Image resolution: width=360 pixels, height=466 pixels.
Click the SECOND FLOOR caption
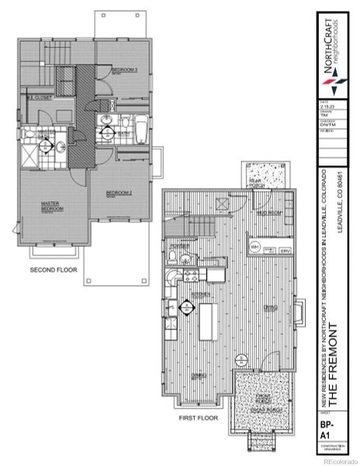click(53, 270)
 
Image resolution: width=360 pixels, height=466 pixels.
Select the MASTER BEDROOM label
click(52, 207)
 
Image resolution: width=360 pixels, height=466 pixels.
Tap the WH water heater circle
click(254, 247)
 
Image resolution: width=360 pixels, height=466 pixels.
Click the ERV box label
click(285, 250)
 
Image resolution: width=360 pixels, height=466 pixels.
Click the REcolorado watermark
click(341, 461)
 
